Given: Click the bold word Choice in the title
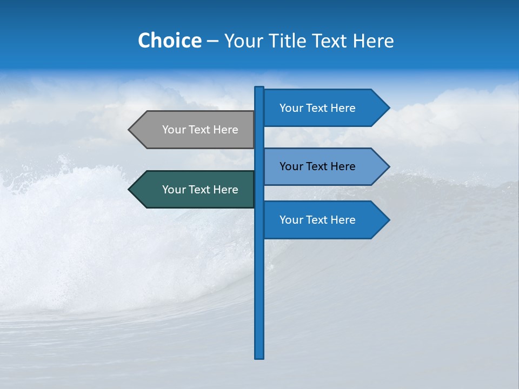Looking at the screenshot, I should pyautogui.click(x=169, y=41).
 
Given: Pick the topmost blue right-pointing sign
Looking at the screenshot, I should pyautogui.click(x=319, y=108).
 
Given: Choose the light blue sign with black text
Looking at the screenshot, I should pyautogui.click(x=319, y=166).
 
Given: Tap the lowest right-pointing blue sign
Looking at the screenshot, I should pyautogui.click(x=319, y=220).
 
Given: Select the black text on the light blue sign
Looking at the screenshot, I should pyautogui.click(x=317, y=166).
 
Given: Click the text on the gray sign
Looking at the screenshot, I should pyautogui.click(x=200, y=130).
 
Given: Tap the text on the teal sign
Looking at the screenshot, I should pyautogui.click(x=200, y=190).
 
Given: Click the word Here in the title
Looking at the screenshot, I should pyautogui.click(x=373, y=41).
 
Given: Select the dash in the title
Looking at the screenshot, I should pyautogui.click(x=212, y=42).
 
